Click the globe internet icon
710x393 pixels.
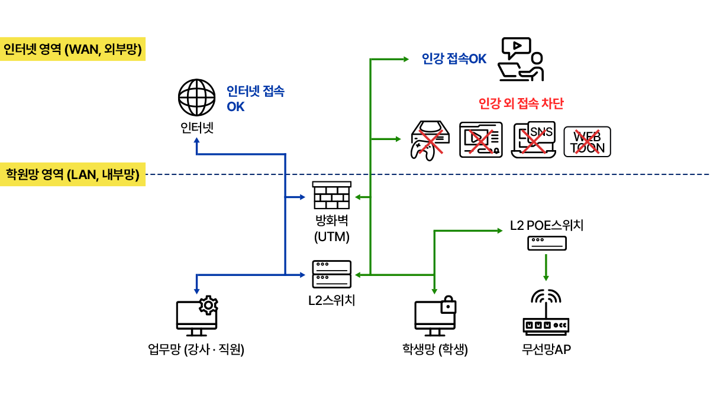(x=196, y=98)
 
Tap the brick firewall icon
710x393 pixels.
(x=332, y=195)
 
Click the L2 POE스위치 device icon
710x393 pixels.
(x=547, y=243)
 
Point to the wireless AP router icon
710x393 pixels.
(x=546, y=313)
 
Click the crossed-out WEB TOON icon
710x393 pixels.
(x=587, y=141)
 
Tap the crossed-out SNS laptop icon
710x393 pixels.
(x=534, y=140)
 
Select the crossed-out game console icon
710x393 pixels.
(x=431, y=140)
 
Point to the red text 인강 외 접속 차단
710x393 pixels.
(x=521, y=104)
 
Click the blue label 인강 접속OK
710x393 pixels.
(x=454, y=59)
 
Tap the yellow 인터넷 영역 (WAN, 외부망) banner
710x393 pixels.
(x=73, y=50)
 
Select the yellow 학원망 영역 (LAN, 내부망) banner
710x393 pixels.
(x=73, y=175)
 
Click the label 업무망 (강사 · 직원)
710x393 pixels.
(x=196, y=350)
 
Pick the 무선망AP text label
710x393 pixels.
(x=546, y=349)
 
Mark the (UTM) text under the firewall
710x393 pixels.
(x=332, y=238)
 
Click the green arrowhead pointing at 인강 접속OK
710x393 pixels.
(x=405, y=59)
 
